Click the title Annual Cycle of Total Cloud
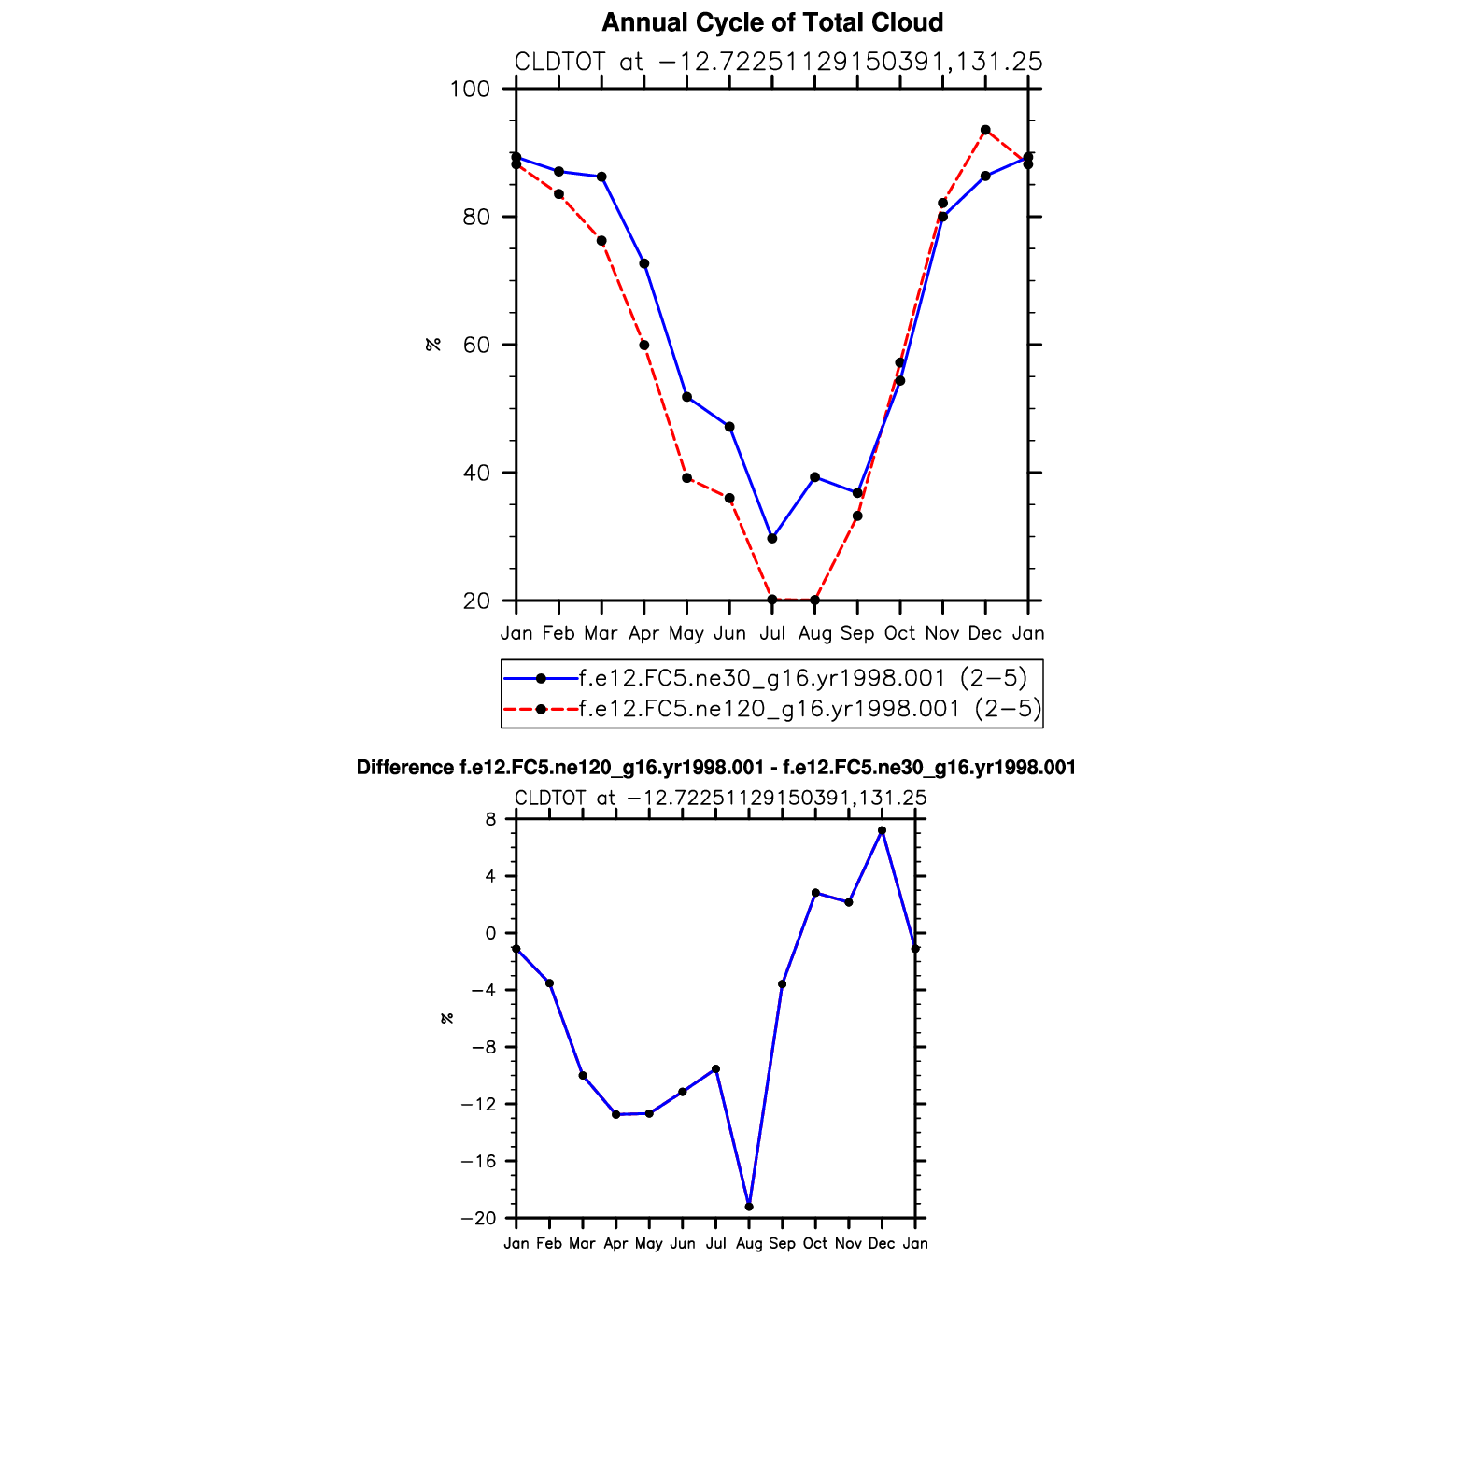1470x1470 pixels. pyautogui.click(x=772, y=22)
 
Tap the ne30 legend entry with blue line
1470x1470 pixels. pyautogui.click(x=802, y=678)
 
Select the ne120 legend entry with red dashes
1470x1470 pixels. pyautogui.click(x=810, y=709)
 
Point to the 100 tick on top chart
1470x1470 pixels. pyautogui.click(x=470, y=90)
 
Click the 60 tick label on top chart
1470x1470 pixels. pyautogui.click(x=476, y=346)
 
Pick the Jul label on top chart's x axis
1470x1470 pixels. pyautogui.click(x=772, y=633)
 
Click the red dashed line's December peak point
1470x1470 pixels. pyautogui.click(x=985, y=130)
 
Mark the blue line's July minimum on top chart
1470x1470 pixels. pyautogui.click(x=772, y=539)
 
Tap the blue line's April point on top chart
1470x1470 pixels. pyautogui.click(x=644, y=263)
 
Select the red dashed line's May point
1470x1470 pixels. pyautogui.click(x=687, y=478)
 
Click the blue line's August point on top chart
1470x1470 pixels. pyautogui.click(x=815, y=477)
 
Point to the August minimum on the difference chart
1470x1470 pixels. pyautogui.click(x=749, y=1207)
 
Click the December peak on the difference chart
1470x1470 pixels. pyautogui.click(x=882, y=830)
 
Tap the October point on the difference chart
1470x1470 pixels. pyautogui.click(x=815, y=893)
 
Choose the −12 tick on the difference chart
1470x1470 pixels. pyautogui.click(x=478, y=1105)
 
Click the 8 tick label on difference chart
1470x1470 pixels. pyautogui.click(x=490, y=820)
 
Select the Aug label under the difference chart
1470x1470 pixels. pyautogui.click(x=749, y=1244)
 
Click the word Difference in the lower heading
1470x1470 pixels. pyautogui.click(x=405, y=768)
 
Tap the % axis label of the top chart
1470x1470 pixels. pyautogui.click(x=433, y=345)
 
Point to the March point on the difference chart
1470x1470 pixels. pyautogui.click(x=583, y=1076)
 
